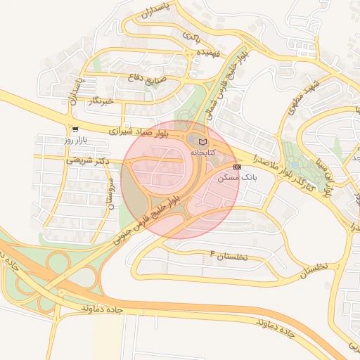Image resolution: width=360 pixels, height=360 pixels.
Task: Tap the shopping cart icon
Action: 75,129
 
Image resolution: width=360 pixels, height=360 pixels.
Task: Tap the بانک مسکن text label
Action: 238,179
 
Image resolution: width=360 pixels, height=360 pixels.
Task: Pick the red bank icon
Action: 237,167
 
